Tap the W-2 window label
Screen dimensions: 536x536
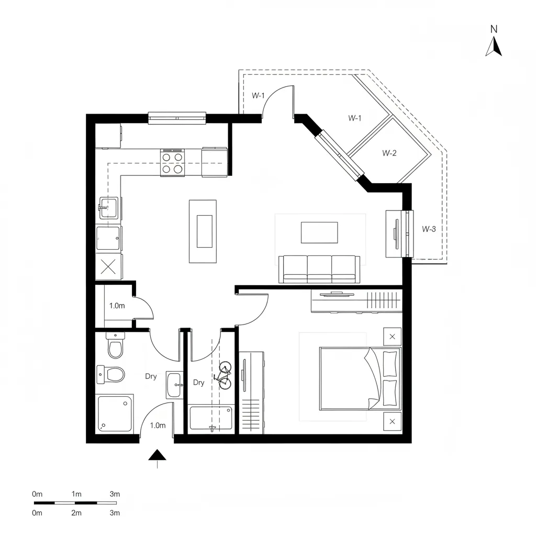[x=389, y=153]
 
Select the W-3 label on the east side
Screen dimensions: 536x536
[x=429, y=229]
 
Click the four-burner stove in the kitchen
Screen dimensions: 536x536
[x=173, y=162]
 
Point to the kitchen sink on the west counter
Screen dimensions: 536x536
[x=108, y=207]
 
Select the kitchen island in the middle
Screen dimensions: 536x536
[x=204, y=231]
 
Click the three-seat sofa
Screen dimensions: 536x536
[x=319, y=269]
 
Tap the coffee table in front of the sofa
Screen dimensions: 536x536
[x=319, y=232]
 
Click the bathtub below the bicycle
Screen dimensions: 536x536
[x=211, y=418]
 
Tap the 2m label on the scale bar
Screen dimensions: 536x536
[x=76, y=513]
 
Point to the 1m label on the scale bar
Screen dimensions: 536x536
[x=76, y=494]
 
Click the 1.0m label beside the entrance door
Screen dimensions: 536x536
[x=158, y=426]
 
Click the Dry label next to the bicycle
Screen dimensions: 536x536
[x=198, y=383]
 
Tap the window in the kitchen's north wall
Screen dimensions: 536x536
[x=177, y=118]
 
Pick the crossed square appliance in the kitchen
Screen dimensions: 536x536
[x=108, y=267]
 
